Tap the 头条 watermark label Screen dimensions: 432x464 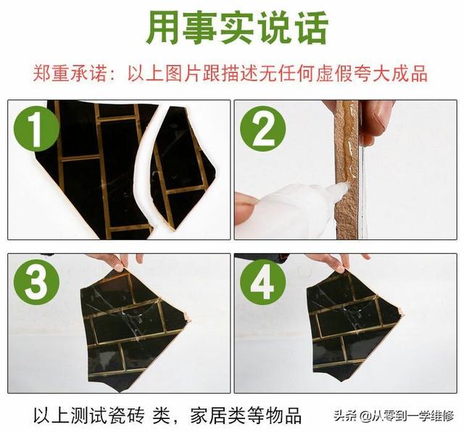pyautogui.click(x=347, y=417)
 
